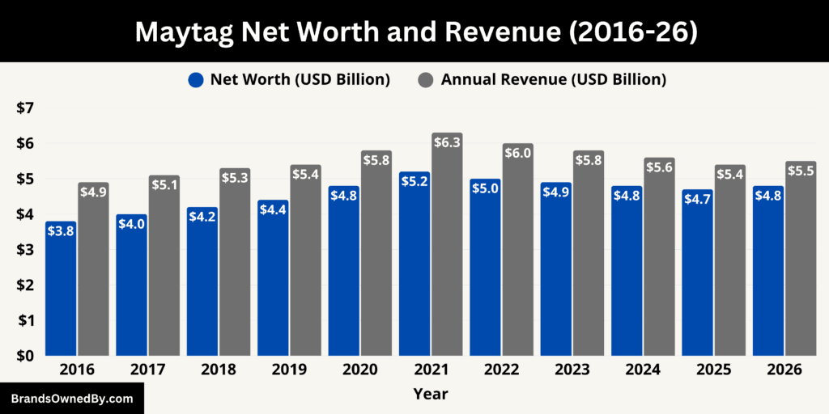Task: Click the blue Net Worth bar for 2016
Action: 61,291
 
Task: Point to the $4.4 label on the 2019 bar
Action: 273,233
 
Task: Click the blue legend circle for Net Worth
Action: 195,79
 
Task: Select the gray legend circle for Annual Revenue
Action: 426,79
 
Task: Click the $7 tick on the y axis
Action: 26,108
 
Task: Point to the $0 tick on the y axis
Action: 26,356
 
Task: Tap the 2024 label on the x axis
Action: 644,370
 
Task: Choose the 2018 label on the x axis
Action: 219,370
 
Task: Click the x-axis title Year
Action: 430,394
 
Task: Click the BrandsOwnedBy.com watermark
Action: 72,399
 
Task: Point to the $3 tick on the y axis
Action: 26,249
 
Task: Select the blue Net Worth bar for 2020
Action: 343,275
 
